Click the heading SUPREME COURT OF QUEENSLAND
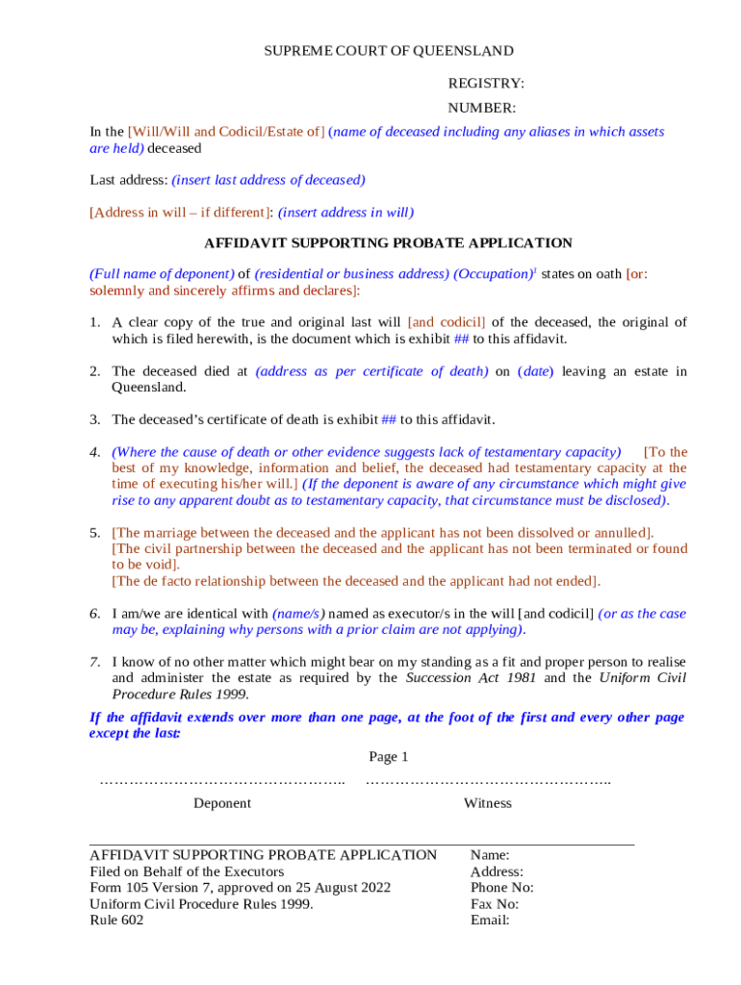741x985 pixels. pyautogui.click(x=389, y=51)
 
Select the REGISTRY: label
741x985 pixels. pyautogui.click(x=486, y=85)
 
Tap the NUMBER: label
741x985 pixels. pyautogui.click(x=481, y=109)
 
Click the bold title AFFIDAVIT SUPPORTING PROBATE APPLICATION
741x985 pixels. pyautogui.click(x=388, y=243)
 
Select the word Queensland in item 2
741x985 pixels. pyautogui.click(x=149, y=388)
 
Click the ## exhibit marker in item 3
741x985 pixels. pyautogui.click(x=390, y=419)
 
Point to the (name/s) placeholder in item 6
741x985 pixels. pyautogui.click(x=298, y=614)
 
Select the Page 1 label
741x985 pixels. pyautogui.click(x=389, y=757)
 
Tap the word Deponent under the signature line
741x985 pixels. pyautogui.click(x=222, y=803)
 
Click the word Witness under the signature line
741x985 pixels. pyautogui.click(x=488, y=803)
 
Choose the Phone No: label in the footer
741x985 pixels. pyautogui.click(x=501, y=888)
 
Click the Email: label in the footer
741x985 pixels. pyautogui.click(x=490, y=921)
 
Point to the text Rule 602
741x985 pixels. pyautogui.click(x=116, y=921)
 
